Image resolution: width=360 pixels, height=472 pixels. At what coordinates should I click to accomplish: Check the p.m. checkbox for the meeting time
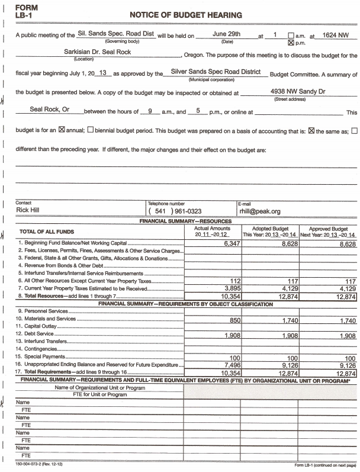(290, 43)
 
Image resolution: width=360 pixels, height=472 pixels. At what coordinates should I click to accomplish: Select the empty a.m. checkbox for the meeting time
(290, 36)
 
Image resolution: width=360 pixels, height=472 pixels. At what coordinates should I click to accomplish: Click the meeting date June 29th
(226, 35)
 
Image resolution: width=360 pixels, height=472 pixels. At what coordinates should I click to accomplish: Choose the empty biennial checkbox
(91, 131)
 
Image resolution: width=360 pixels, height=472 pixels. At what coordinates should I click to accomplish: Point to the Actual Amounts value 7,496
(218, 366)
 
